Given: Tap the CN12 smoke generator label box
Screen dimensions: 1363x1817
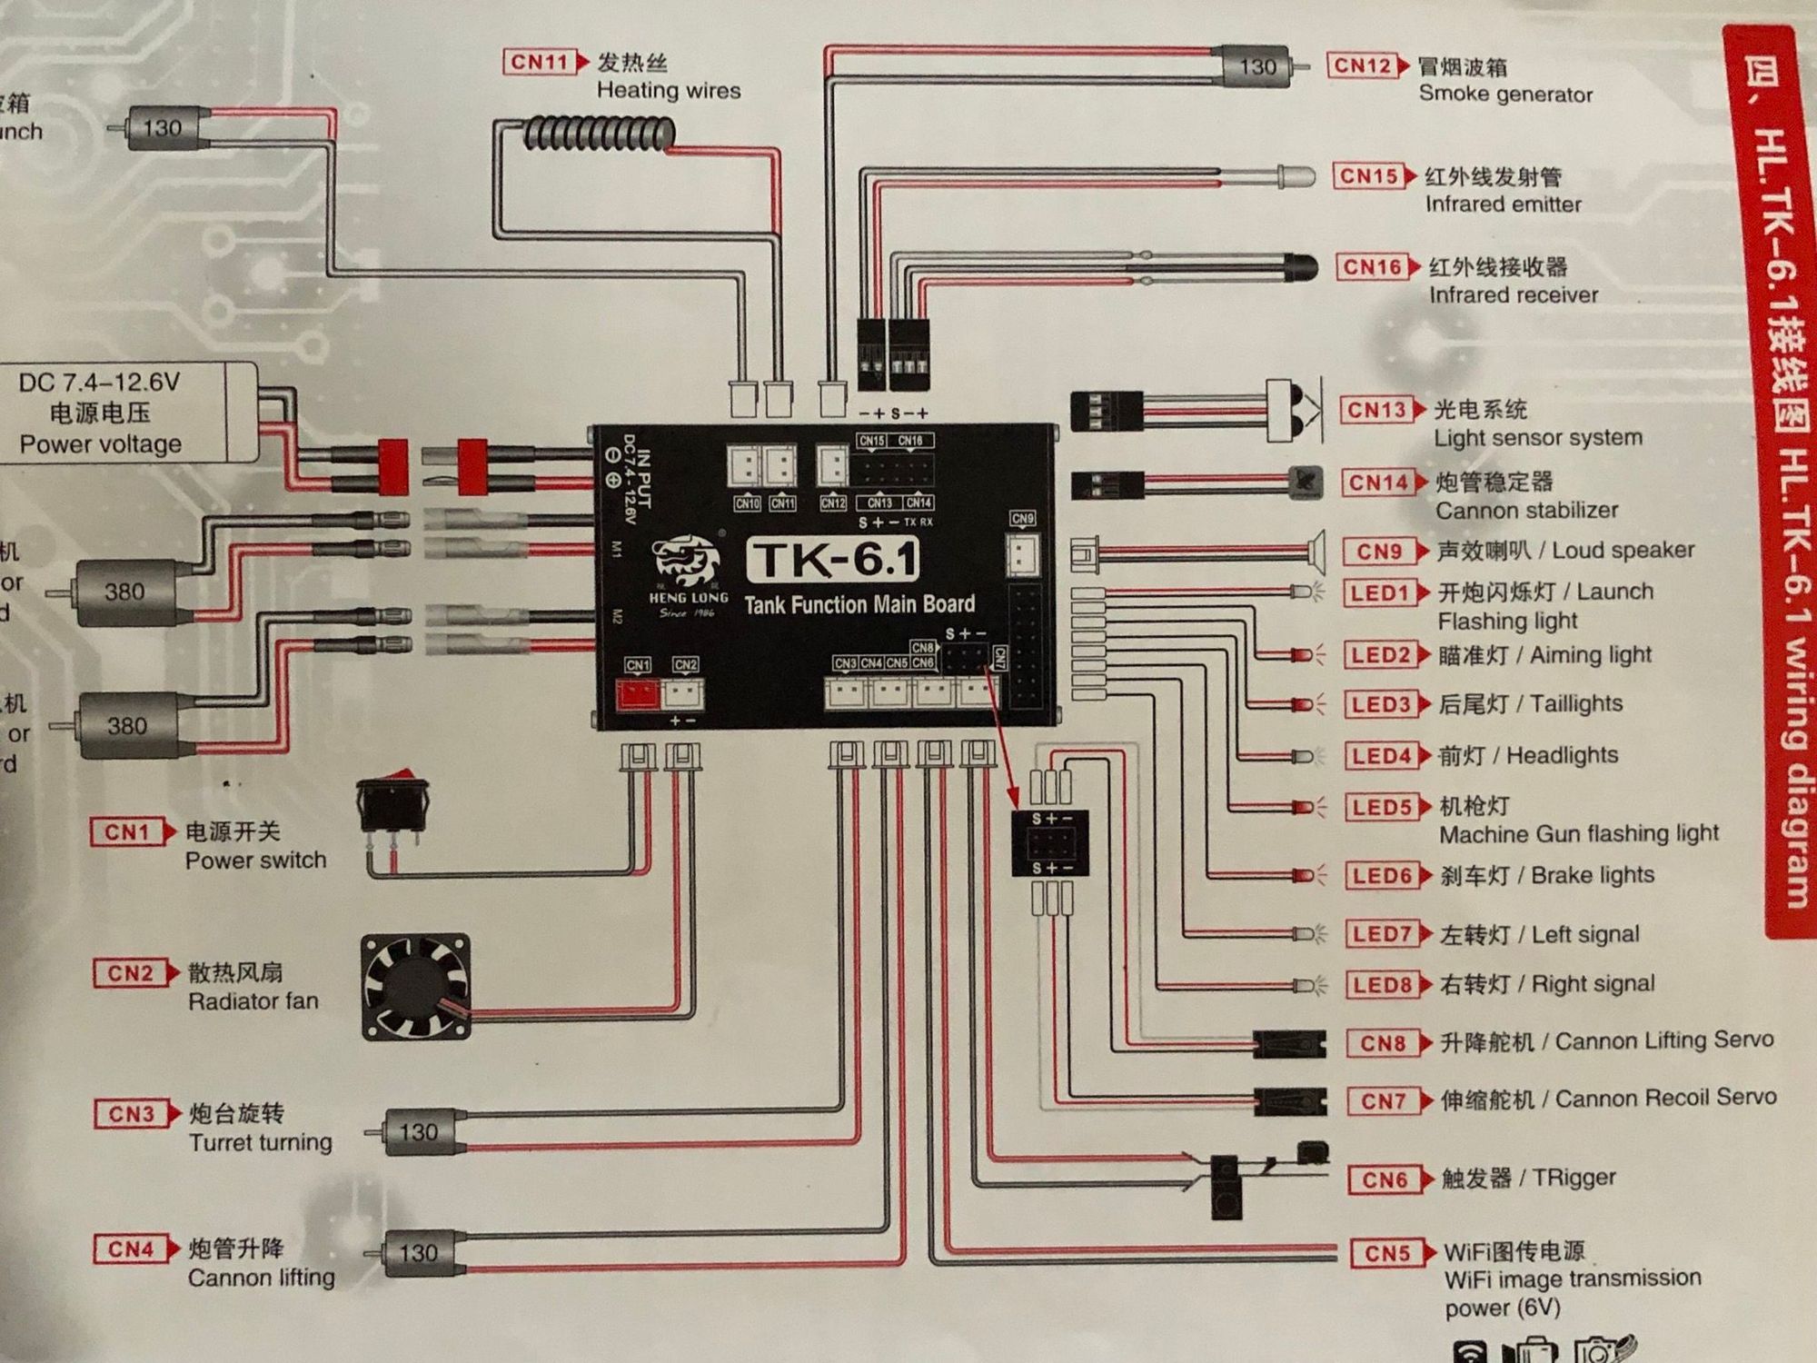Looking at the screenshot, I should pos(1362,65).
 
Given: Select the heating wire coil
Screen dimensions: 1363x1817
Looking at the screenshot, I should pos(598,134).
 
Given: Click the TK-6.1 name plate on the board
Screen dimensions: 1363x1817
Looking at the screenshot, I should pos(832,560).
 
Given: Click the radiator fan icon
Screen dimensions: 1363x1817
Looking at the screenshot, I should pos(416,987).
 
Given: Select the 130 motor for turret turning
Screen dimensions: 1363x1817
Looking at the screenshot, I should pos(418,1131).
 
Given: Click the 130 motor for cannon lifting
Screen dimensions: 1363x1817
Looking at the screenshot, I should pos(418,1253).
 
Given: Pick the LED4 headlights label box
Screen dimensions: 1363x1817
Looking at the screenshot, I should pos(1380,756).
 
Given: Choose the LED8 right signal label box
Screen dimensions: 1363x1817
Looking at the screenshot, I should pos(1380,985).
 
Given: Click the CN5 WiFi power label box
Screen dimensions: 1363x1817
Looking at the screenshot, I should pos(1386,1253).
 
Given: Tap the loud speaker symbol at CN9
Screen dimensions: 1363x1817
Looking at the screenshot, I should pos(1313,551).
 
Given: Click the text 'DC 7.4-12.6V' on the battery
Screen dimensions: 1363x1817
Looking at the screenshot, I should pos(99,383).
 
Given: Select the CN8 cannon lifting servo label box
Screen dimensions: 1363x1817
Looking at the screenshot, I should pos(1382,1043).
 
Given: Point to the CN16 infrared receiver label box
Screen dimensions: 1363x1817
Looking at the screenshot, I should pos(1372,267).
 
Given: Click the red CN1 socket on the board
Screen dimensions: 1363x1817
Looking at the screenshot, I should pos(638,695).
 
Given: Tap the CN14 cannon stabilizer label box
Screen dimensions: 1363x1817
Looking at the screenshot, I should pos(1376,483).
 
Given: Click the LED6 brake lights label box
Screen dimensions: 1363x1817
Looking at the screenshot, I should pos(1381,876).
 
